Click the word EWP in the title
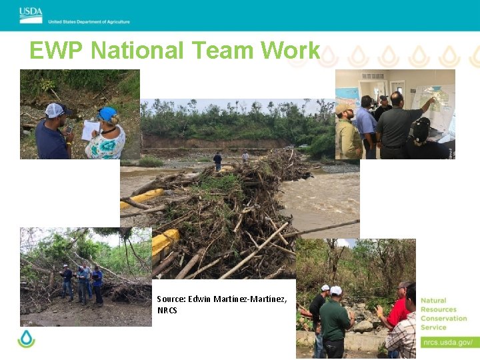click(57, 51)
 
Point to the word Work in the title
click(291, 51)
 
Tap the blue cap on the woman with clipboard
click(107, 113)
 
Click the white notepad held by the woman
click(89, 130)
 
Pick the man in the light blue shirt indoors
click(365, 127)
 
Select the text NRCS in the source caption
click(167, 310)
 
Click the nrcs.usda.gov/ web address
click(447, 342)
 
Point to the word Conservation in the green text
click(443, 318)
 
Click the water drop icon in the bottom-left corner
click(26, 339)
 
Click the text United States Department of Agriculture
click(89, 21)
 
